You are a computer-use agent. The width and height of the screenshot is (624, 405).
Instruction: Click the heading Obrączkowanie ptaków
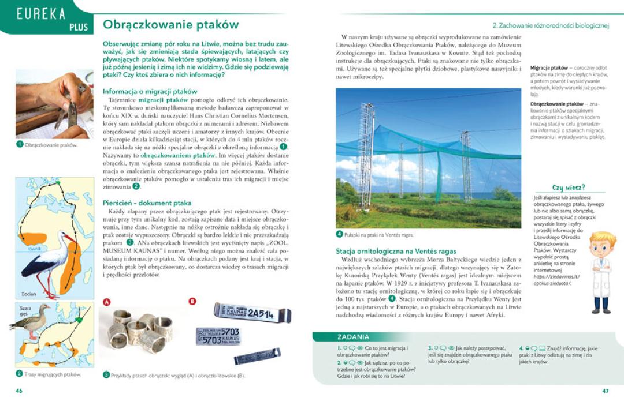point(170,25)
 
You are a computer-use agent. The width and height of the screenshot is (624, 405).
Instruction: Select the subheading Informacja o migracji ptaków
point(150,91)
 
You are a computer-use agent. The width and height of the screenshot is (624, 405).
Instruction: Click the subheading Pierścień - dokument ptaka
point(147,203)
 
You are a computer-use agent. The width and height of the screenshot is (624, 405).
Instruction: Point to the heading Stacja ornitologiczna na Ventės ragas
point(396,252)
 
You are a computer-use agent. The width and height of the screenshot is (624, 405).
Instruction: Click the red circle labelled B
point(192,301)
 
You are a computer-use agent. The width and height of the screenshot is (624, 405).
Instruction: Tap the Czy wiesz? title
point(569,187)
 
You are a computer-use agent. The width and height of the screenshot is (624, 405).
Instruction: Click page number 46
point(19,391)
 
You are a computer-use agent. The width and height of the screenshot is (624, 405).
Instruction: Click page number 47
point(605,391)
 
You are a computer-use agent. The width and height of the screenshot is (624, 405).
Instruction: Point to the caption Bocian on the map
point(29,294)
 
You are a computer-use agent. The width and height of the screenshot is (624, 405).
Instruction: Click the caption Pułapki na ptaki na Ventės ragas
point(378,235)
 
